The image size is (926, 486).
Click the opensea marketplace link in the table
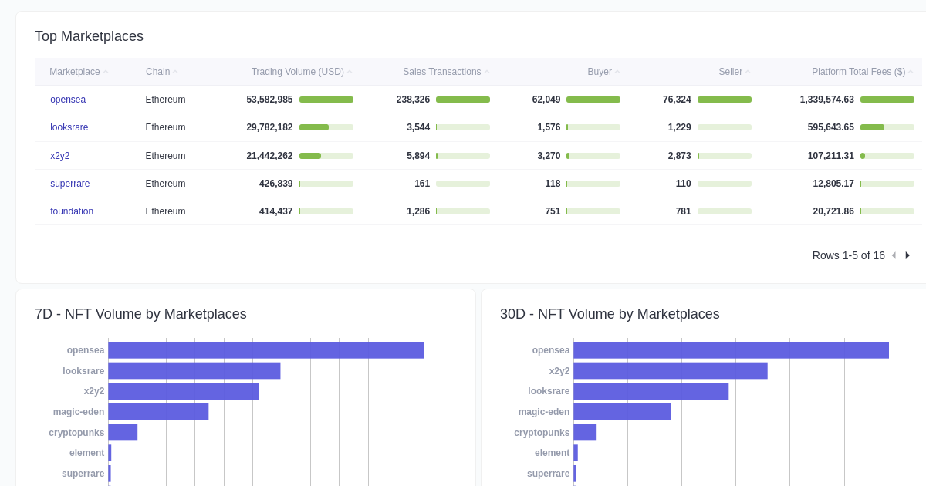pos(68,100)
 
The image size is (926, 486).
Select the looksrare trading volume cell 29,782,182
pos(269,127)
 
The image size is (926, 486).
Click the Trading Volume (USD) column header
pos(298,72)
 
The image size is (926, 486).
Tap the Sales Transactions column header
pos(442,72)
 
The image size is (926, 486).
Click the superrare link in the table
pos(70,184)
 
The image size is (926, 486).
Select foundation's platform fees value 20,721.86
pos(833,211)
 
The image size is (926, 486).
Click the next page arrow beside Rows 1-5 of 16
pos(907,255)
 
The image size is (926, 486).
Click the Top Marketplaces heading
pos(89,36)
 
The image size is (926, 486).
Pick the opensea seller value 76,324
pos(677,100)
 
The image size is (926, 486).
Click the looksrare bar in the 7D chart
pos(194,371)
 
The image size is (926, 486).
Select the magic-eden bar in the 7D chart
pos(158,412)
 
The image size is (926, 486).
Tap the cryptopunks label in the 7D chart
pos(76,433)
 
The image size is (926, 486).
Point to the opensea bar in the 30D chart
pos(731,350)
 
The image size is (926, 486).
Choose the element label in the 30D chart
pos(552,453)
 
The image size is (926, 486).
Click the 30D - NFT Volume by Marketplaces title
pos(610,314)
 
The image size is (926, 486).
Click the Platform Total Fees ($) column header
pos(858,72)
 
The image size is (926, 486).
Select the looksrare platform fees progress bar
pos(887,127)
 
